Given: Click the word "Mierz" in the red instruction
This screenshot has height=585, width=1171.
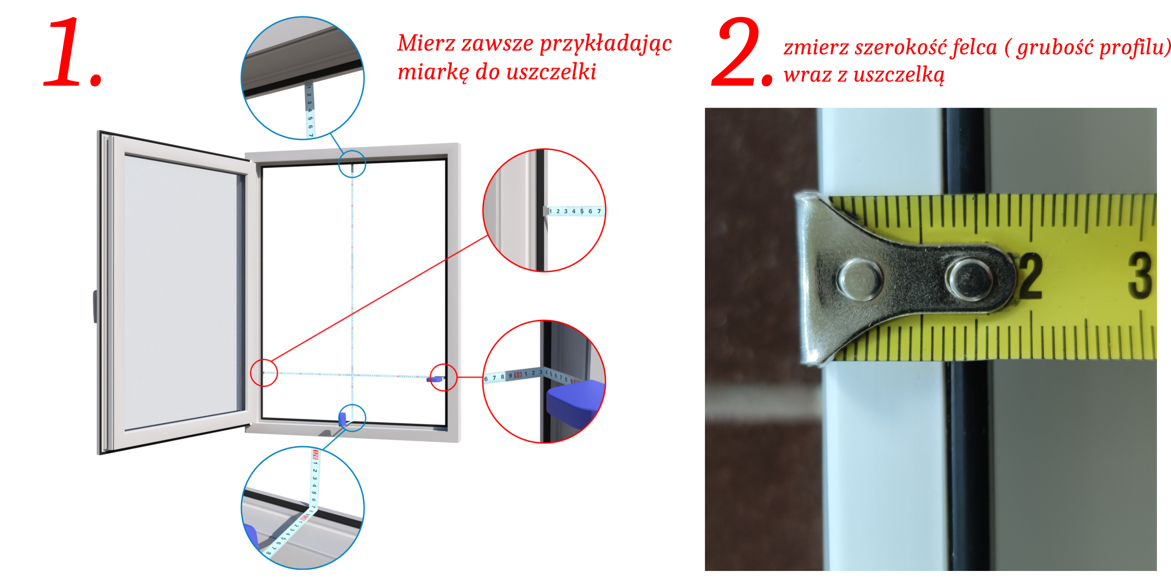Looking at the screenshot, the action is coord(426,44).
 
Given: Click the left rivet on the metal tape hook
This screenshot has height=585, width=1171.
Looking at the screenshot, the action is coord(860,279).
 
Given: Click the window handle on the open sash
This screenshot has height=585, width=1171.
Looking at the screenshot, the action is coord(95,307).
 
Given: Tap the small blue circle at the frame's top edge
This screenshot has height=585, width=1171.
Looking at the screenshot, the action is coord(352,151).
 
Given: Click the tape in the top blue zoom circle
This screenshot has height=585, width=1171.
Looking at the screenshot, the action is coord(310,110).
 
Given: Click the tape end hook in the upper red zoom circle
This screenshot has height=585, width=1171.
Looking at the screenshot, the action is coord(546,211).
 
